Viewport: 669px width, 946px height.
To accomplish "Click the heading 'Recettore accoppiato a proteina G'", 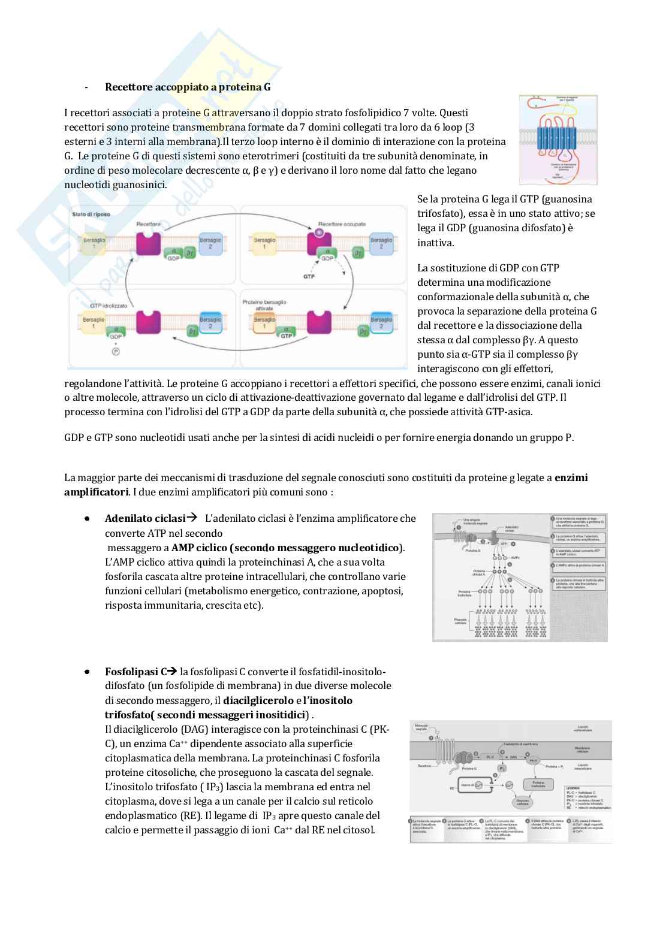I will [188, 87].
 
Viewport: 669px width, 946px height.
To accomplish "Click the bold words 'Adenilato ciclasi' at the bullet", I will [145, 518].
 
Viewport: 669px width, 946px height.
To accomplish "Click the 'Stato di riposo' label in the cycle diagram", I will [91, 214].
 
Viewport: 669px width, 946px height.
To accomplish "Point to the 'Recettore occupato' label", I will [342, 224].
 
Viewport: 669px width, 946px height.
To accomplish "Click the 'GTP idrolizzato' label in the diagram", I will [109, 306].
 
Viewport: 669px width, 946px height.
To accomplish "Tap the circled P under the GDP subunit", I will [116, 352].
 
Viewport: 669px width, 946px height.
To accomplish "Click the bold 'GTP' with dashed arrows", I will [309, 277].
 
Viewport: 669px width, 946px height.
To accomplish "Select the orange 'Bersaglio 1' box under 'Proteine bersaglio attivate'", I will [264, 322].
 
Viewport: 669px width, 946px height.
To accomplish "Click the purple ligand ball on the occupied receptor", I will [319, 232].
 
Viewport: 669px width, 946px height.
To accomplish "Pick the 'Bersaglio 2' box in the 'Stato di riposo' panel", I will [210, 243].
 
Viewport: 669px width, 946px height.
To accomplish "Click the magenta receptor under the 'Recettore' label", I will [148, 243].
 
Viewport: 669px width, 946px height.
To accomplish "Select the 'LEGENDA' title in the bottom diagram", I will [573, 788].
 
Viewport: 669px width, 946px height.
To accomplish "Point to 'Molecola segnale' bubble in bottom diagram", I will [421, 727].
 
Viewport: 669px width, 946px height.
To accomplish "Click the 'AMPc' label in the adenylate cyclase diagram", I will [509, 557].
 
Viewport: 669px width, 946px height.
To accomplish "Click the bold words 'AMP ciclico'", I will [200, 548].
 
